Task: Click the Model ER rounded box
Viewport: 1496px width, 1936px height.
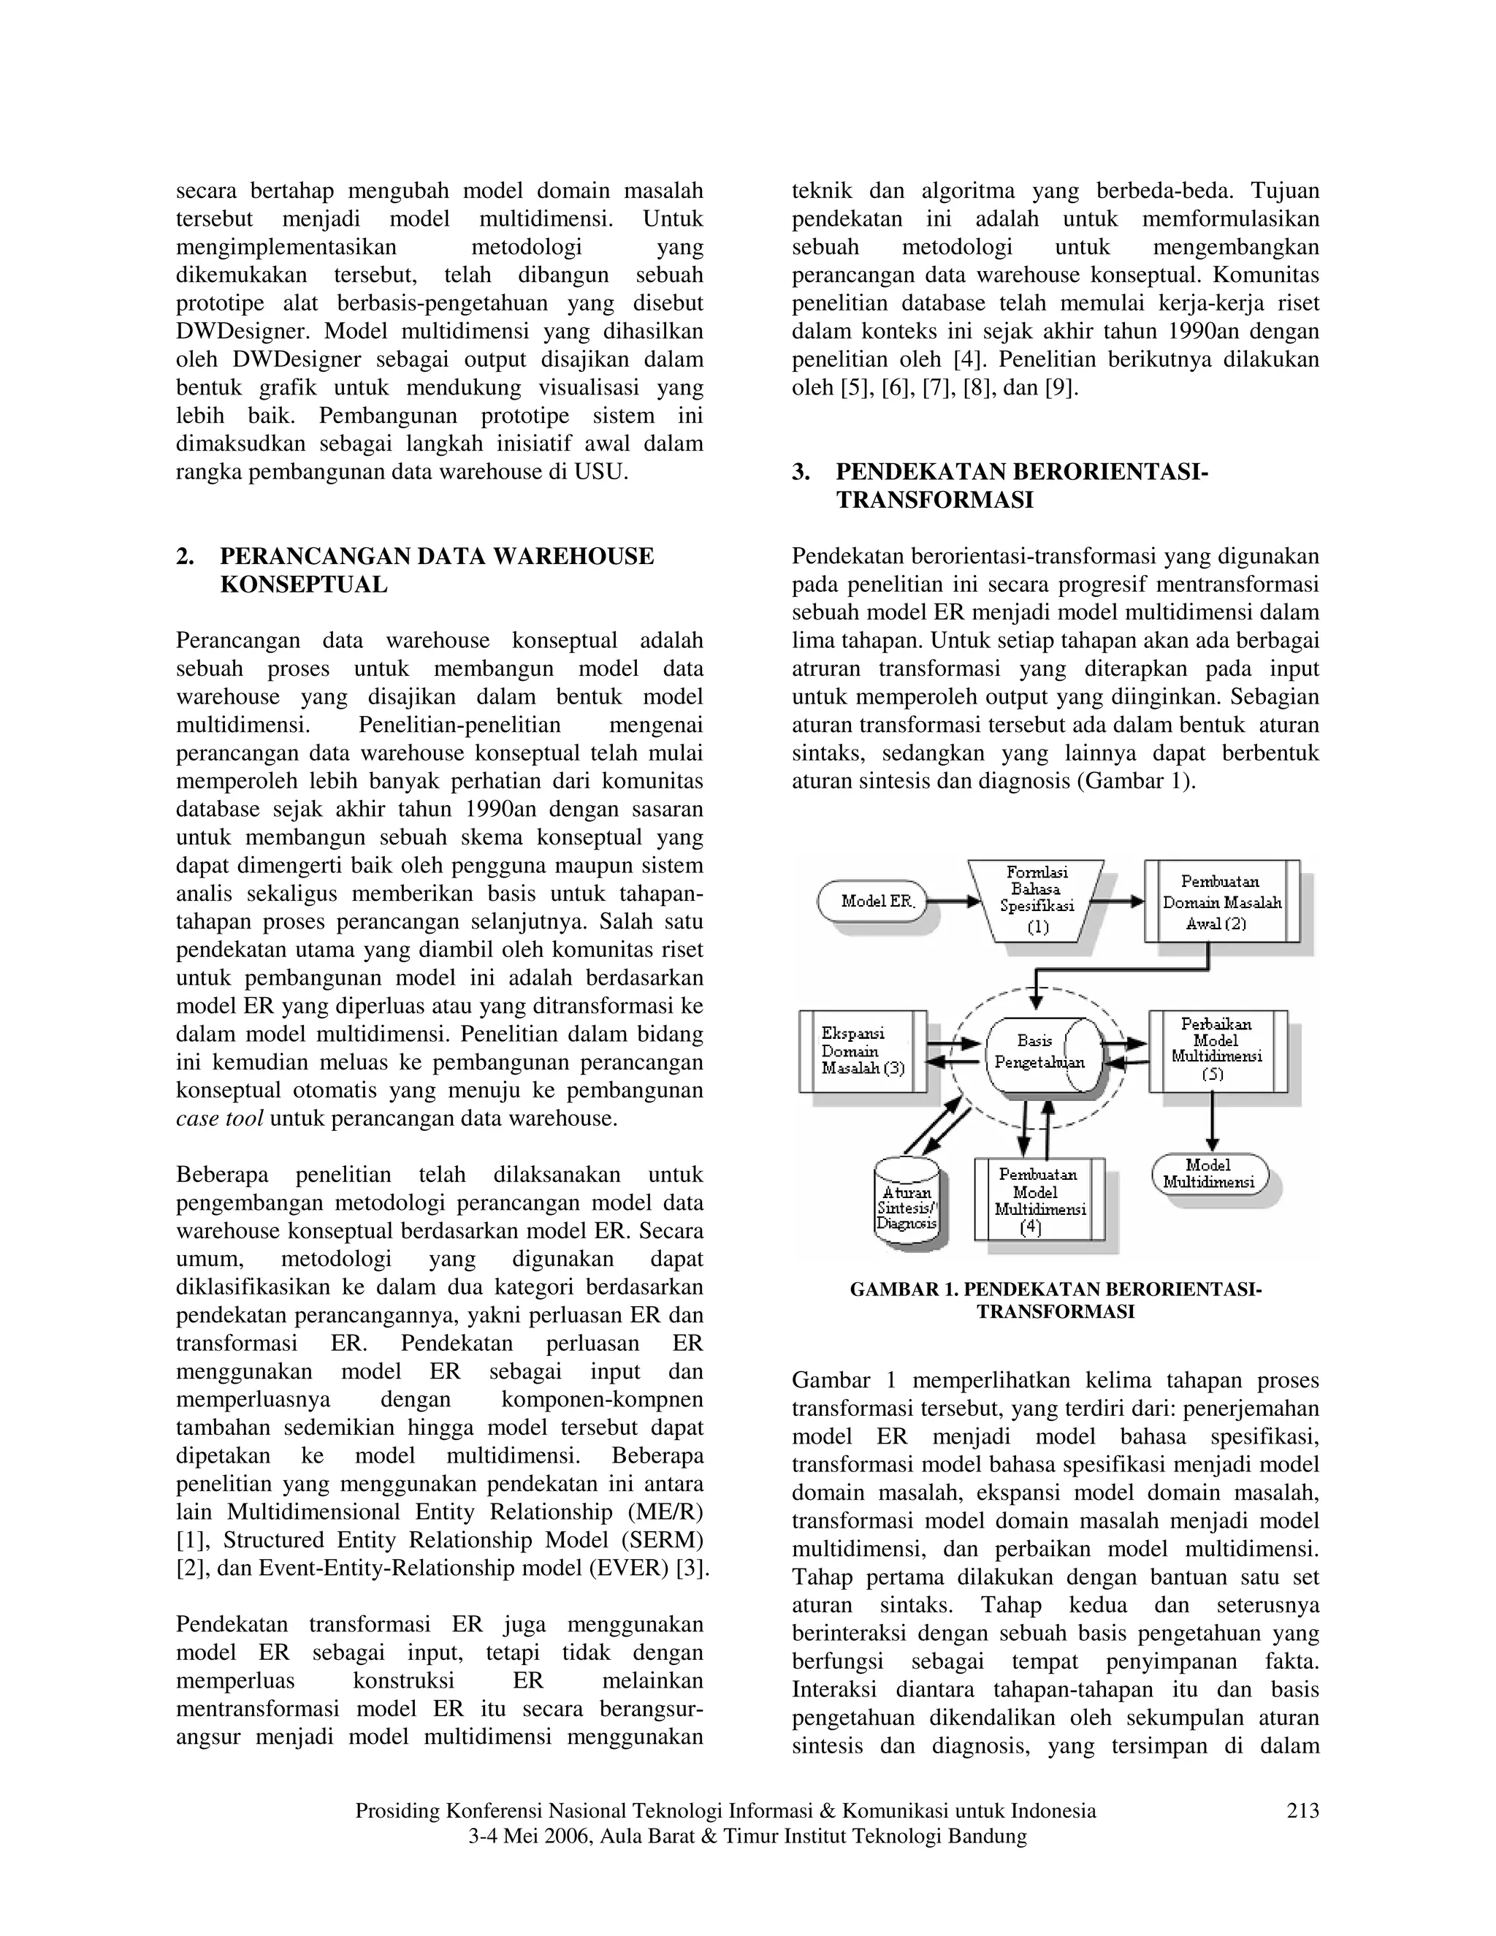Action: pyautogui.click(x=874, y=901)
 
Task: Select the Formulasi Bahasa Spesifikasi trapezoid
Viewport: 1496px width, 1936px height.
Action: pyautogui.click(x=1036, y=901)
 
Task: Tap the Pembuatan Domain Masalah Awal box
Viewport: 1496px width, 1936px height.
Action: pyautogui.click(x=1222, y=901)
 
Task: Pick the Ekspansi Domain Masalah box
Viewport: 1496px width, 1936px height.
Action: pyautogui.click(x=863, y=1051)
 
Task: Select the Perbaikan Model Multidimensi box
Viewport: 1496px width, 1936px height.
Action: pyautogui.click(x=1217, y=1051)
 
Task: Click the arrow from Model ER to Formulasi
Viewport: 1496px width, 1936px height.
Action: pyautogui.click(x=953, y=902)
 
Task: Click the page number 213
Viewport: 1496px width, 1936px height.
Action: pyautogui.click(x=1302, y=1811)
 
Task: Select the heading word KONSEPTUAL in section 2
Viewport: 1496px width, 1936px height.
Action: pyautogui.click(x=303, y=585)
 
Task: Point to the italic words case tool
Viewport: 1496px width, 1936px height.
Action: pyautogui.click(x=219, y=1118)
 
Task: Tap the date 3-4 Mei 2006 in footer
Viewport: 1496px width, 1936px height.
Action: pyautogui.click(x=530, y=1836)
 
